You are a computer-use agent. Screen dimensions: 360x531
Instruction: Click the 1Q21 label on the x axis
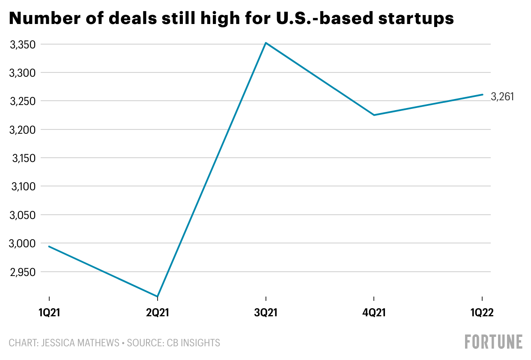point(49,313)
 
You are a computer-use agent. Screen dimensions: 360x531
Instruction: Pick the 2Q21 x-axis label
point(158,313)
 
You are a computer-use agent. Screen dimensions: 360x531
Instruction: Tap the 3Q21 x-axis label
point(266,313)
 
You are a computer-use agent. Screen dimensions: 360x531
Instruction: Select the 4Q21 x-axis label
point(374,313)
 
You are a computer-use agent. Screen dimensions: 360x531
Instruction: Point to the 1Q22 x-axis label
point(482,313)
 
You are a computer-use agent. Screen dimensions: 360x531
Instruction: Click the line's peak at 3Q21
point(266,43)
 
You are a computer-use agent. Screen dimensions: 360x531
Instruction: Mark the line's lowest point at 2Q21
point(158,296)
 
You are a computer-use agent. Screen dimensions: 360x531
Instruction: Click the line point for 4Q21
point(374,115)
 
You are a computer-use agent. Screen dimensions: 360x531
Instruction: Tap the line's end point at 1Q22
point(483,95)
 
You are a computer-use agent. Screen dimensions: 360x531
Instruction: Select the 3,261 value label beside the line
point(502,97)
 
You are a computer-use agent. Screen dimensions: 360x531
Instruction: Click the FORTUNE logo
point(494,342)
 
